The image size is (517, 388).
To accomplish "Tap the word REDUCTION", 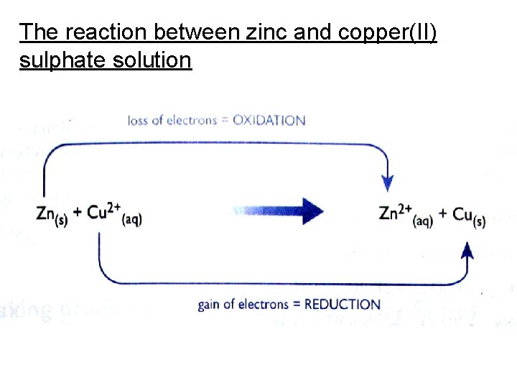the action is coord(343,304).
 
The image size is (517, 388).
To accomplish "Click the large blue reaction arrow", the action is coord(280,211).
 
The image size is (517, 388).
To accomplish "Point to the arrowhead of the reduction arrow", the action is coord(467,249).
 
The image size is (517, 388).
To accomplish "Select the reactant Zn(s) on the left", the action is coord(51,213).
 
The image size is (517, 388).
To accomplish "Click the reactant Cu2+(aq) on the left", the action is coord(114,213).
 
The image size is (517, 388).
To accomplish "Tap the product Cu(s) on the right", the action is coord(467,215).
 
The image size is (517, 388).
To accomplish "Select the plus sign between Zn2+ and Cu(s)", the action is coord(443,213).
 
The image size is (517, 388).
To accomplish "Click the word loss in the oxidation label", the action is coord(140,120).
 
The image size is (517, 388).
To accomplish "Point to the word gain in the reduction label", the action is coord(209,305).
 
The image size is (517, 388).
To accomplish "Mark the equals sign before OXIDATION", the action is coord(225,121).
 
